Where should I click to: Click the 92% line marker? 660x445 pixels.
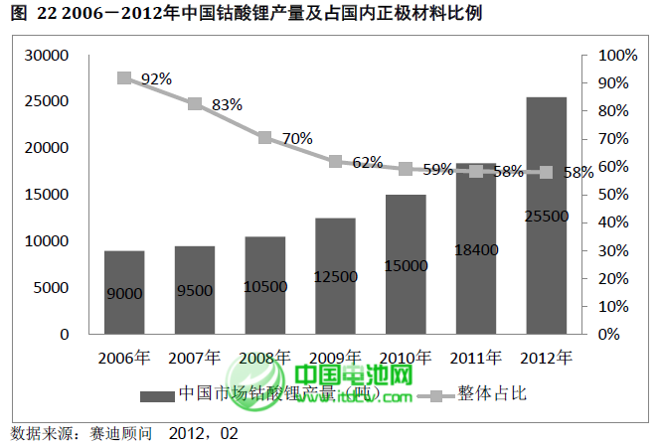point(124,78)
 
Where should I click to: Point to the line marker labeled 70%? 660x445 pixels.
point(265,138)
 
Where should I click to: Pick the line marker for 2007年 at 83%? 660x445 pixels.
point(195,103)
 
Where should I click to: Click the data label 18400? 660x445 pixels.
point(476,249)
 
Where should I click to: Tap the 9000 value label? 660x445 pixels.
point(124,293)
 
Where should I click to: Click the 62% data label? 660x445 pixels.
point(367,162)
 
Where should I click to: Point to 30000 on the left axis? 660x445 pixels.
point(49,55)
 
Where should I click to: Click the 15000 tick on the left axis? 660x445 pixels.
point(49,195)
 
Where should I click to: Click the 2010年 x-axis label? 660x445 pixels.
point(406,357)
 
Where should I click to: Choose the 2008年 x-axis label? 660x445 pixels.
point(265,357)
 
